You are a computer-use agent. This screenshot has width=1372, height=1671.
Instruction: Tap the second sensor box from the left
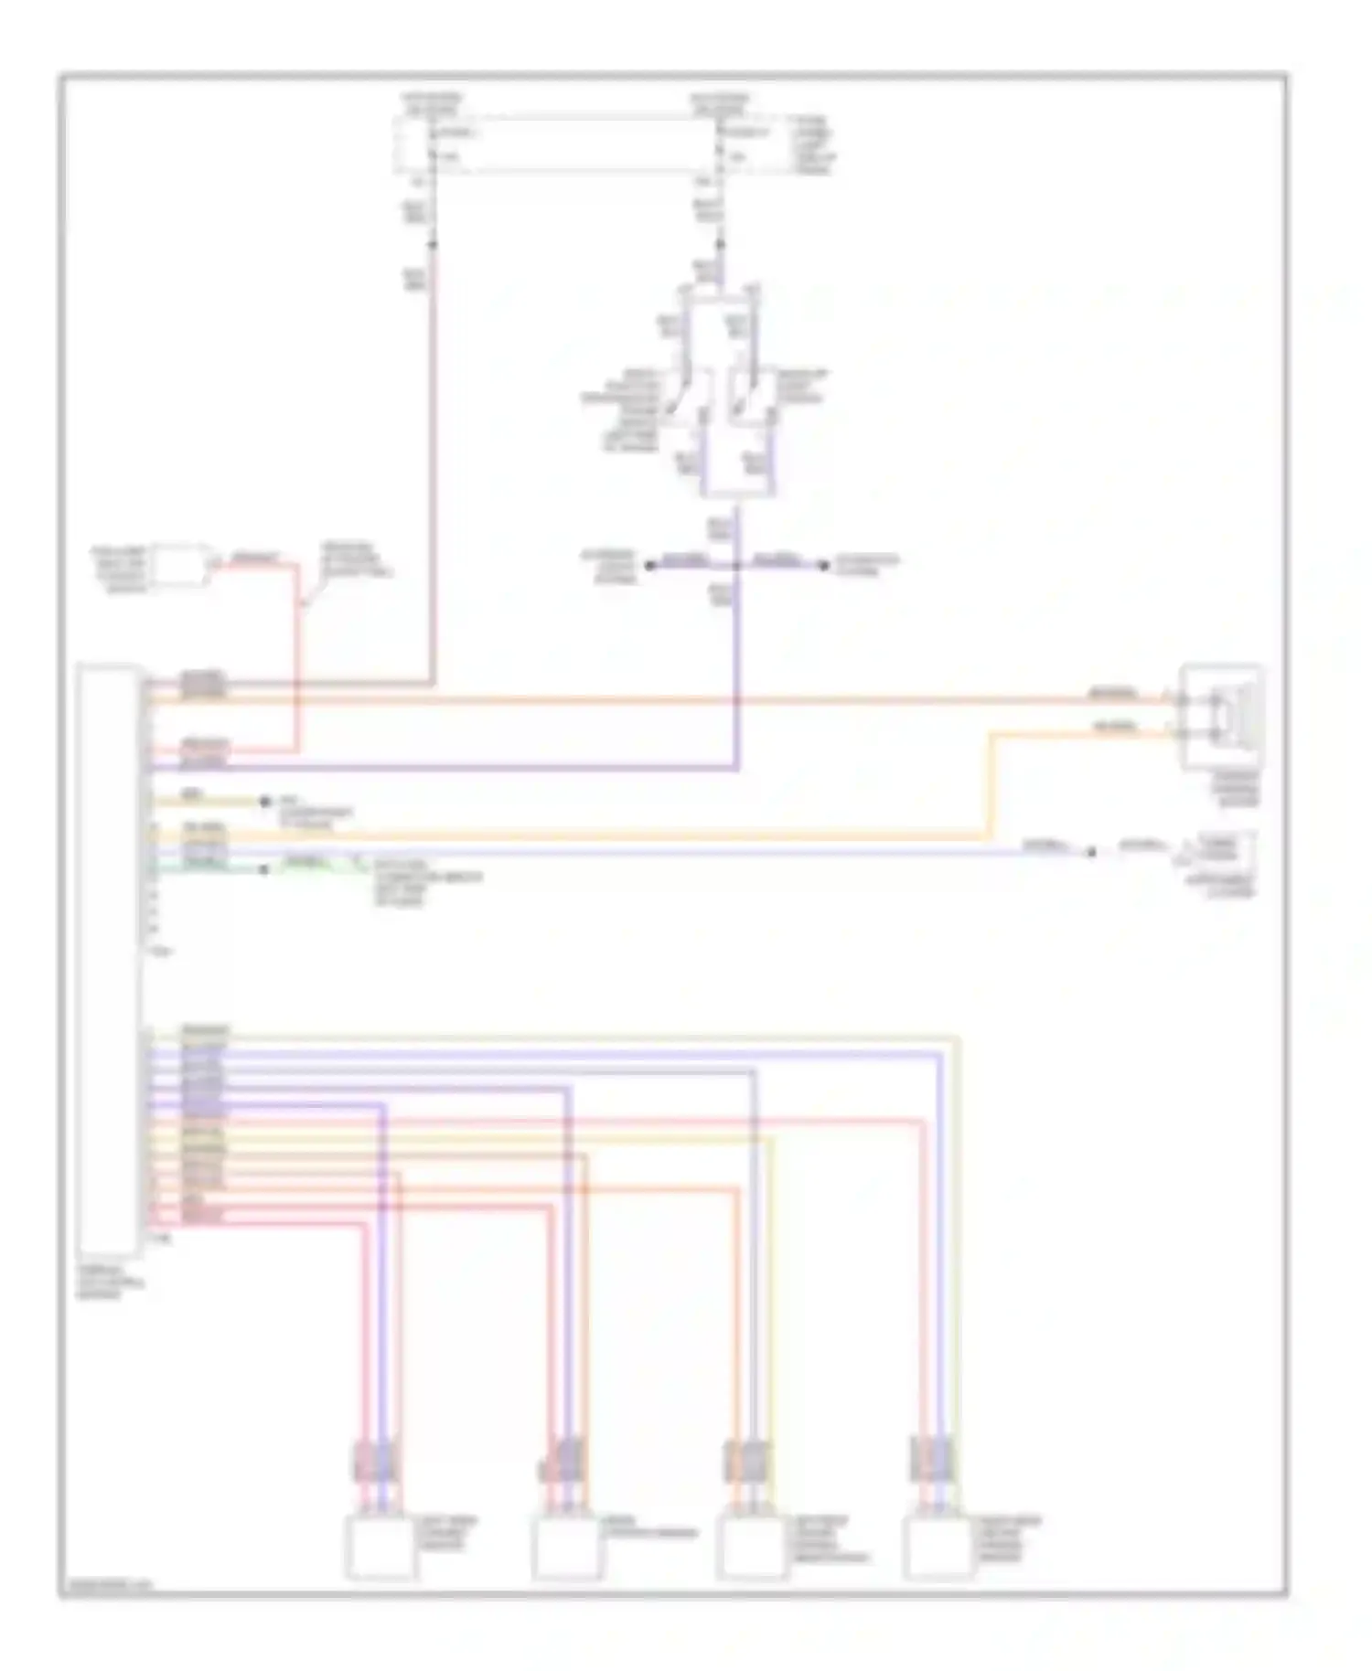566,1549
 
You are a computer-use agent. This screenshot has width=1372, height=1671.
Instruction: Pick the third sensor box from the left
752,1549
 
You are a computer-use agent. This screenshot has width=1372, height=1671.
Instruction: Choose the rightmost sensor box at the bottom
938,1549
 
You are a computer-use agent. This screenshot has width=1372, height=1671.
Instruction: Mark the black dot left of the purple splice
650,566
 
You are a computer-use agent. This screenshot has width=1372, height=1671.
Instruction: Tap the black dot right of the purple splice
823,566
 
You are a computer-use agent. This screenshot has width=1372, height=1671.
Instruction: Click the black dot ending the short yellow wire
264,802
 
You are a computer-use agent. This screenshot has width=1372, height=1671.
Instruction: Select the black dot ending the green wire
264,869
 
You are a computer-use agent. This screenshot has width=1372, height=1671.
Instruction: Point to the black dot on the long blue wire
1090,852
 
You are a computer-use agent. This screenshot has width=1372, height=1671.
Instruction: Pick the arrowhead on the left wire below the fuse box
433,244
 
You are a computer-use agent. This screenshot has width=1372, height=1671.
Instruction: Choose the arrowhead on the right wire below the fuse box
721,244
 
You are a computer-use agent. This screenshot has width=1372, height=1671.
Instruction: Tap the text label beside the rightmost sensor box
1010,1539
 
